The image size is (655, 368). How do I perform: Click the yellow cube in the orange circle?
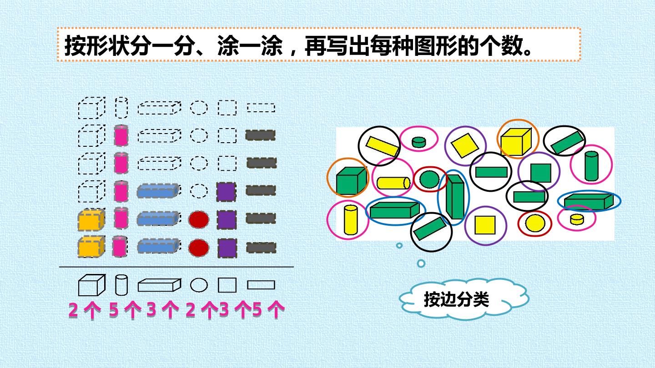point(516,142)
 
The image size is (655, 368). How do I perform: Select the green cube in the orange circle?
point(351,180)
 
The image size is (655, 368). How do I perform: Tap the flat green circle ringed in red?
point(429,179)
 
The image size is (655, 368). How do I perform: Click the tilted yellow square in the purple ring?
point(465,145)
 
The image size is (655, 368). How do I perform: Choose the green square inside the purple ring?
point(541,173)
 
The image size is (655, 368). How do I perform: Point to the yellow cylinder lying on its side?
point(393,183)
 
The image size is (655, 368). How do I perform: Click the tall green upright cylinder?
point(591,166)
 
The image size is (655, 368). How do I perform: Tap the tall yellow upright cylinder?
point(351,220)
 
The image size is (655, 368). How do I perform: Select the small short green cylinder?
point(419,142)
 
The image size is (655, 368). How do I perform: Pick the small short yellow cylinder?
point(577,219)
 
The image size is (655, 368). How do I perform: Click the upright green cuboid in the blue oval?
point(455,197)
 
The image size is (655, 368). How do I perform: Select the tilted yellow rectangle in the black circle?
point(383,146)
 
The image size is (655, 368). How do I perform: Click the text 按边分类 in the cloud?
point(457,299)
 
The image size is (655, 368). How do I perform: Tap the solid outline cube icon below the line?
point(91,285)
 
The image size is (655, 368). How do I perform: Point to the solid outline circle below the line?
point(199,285)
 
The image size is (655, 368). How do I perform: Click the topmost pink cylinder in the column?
point(121,135)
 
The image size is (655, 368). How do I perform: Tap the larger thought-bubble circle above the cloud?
point(421,264)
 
